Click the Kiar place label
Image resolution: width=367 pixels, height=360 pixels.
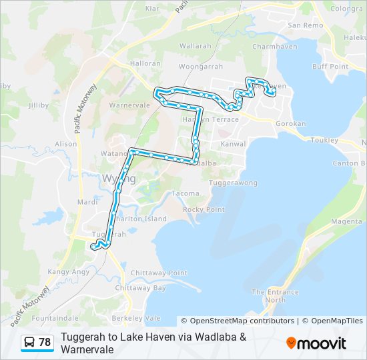152,9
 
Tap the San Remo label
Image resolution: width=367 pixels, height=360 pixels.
305,25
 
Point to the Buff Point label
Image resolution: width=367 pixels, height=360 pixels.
330,67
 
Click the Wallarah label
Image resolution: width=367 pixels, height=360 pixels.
195,46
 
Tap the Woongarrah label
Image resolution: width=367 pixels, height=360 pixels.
200,67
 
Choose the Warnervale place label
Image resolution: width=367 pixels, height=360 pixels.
129,105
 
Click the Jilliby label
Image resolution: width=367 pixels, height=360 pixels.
39,105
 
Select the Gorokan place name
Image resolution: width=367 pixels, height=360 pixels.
291,124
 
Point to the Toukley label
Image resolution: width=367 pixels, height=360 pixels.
324,141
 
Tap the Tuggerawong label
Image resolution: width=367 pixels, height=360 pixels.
234,182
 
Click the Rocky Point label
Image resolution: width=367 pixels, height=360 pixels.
204,209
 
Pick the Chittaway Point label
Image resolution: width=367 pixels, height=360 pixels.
159,273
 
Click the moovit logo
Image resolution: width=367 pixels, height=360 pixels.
316,343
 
